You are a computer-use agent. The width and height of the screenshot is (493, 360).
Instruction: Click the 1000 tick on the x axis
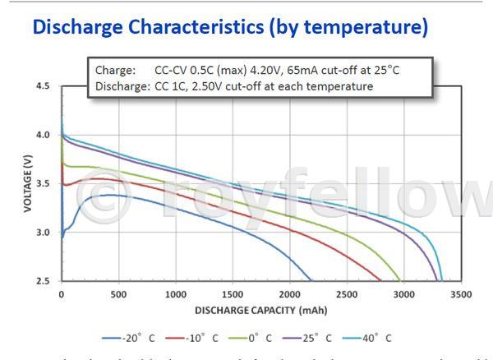click(175, 293)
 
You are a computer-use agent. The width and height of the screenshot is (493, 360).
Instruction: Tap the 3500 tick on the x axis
click(461, 293)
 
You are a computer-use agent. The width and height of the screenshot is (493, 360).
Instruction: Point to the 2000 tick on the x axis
click(289, 293)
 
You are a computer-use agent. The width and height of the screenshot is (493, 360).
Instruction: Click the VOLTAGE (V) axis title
click(27, 183)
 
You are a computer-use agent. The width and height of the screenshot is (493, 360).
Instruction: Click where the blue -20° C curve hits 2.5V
click(311, 281)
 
